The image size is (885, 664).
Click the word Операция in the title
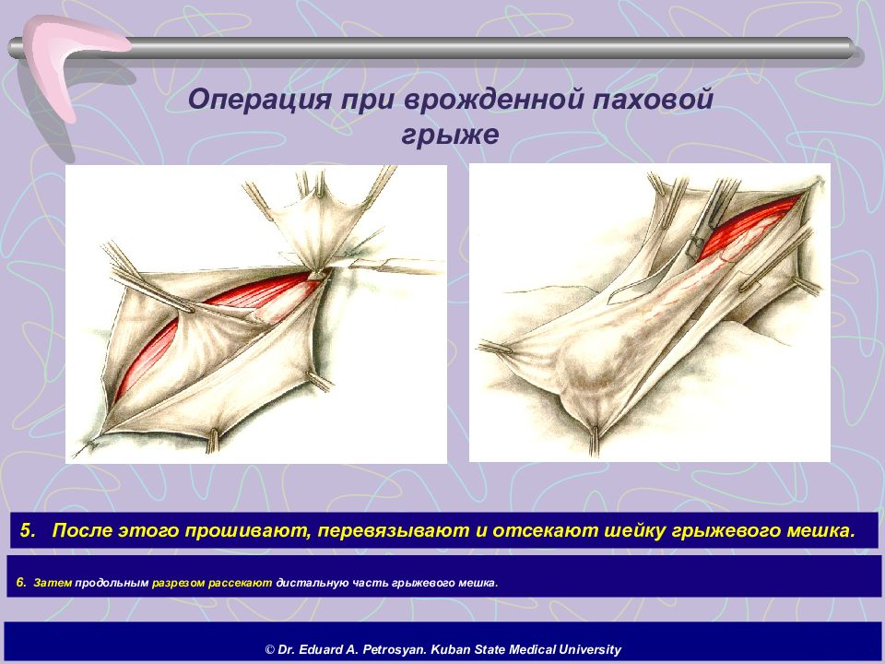click(260, 101)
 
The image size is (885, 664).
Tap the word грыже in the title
click(451, 135)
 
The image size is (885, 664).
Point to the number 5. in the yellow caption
click(28, 530)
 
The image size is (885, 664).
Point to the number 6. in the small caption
click(21, 582)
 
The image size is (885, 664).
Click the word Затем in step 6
click(53, 583)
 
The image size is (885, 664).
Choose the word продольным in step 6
click(112, 583)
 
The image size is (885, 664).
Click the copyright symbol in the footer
click(270, 649)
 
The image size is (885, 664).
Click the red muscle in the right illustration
click(745, 226)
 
